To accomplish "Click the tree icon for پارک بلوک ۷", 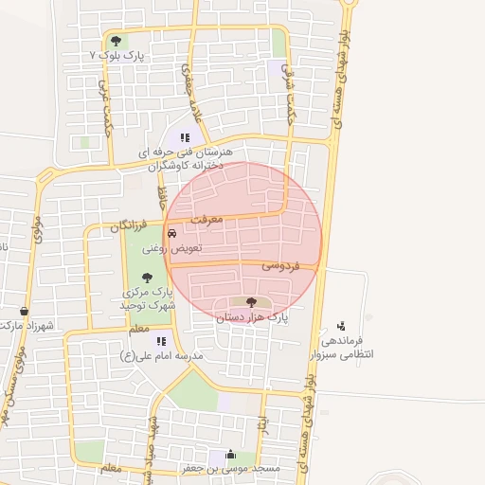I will [x=116, y=41].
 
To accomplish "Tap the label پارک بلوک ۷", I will [x=119, y=56].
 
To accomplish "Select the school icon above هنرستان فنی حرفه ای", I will [x=185, y=137].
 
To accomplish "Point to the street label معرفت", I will [x=207, y=220].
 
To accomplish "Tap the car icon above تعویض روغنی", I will [x=171, y=234].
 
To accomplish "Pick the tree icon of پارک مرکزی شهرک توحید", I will [x=146, y=278].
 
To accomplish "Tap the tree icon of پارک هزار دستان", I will [x=251, y=301].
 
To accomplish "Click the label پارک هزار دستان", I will [x=251, y=317].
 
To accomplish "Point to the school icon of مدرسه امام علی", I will [x=162, y=340].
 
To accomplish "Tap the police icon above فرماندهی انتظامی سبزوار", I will [x=341, y=324].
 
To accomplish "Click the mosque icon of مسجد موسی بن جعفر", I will [x=231, y=455].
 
